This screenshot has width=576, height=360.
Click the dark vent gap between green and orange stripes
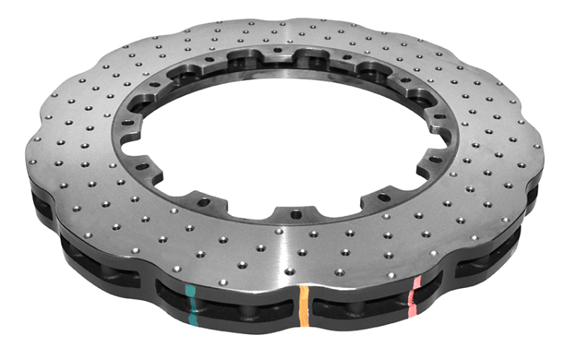(x=245, y=306)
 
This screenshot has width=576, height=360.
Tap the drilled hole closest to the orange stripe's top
(x=291, y=271)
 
